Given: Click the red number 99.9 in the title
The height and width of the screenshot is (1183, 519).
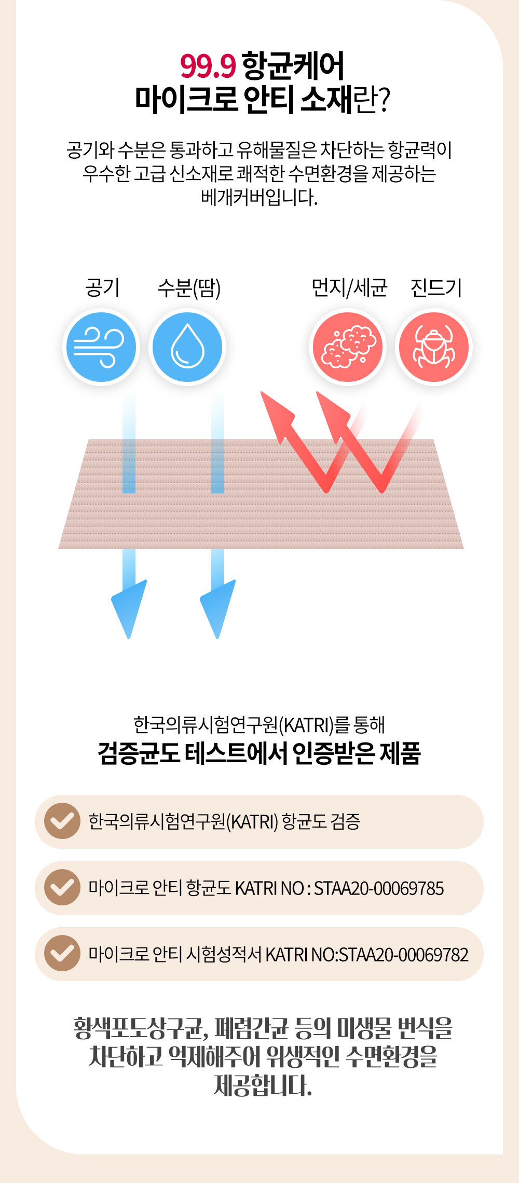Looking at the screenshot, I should [x=208, y=66].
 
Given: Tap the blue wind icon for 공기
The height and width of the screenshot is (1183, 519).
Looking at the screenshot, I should [x=101, y=347].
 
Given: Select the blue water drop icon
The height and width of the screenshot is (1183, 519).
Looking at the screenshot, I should [x=187, y=347].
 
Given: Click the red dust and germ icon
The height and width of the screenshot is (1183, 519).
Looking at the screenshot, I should [x=348, y=347].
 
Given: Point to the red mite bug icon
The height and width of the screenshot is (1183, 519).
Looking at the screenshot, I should [x=434, y=347].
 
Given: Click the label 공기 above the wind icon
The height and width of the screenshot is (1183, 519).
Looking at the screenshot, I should [x=102, y=287].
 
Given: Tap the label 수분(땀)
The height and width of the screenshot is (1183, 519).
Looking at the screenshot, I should [x=189, y=288].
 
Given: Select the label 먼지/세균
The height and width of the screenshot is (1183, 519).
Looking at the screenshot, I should [x=349, y=287].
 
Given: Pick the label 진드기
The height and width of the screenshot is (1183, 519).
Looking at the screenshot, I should [x=436, y=287].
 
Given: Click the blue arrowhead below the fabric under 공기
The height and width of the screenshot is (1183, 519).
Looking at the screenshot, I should [x=129, y=607].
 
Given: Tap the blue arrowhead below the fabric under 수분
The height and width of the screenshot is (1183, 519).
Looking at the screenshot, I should [x=217, y=607].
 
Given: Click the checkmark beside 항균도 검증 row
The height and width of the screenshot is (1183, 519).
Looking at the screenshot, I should [x=62, y=821].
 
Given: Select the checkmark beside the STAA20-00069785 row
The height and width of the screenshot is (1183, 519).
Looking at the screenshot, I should [x=62, y=887].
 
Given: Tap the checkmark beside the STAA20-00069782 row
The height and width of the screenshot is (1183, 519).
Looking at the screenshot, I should [x=62, y=954].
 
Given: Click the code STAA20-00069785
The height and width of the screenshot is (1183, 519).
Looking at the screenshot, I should [x=379, y=888].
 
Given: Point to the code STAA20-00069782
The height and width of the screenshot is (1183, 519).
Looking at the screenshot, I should [x=403, y=955].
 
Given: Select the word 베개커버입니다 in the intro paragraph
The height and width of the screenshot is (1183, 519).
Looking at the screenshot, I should [x=258, y=198].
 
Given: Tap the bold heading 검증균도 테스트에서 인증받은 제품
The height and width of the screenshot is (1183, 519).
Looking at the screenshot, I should [x=259, y=753].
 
